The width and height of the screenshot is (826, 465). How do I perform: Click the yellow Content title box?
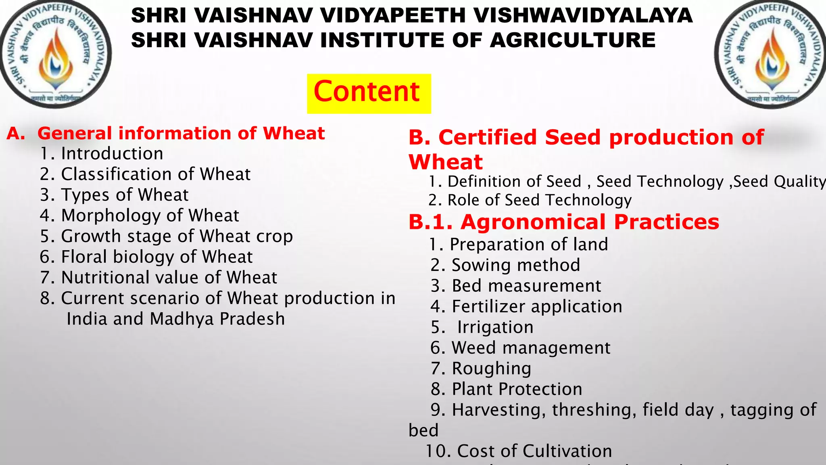coord(369,93)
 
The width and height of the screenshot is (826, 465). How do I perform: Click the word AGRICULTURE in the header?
coord(573,40)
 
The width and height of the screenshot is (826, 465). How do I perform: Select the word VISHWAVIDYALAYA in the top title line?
coord(583,15)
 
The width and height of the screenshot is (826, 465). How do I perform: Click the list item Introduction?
coord(112,154)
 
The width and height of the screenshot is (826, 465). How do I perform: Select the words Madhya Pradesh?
coord(217,319)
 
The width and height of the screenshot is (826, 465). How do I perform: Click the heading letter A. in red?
coord(16,134)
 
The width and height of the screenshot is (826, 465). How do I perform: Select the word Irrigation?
coord(495,327)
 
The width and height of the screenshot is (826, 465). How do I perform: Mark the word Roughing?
coord(491,369)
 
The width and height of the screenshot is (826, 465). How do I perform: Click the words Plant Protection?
coord(517,389)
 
